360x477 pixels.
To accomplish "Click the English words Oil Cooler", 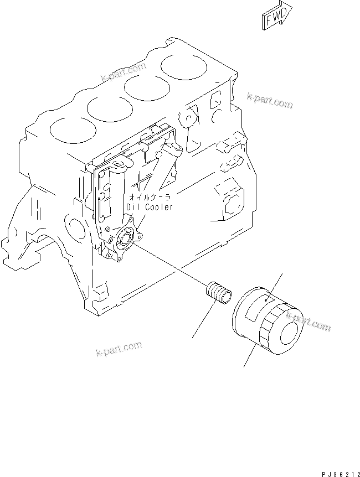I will (x=150, y=207).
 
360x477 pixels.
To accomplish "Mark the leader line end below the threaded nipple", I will (x=193, y=337).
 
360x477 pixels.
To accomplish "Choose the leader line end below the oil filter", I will (x=244, y=367).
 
